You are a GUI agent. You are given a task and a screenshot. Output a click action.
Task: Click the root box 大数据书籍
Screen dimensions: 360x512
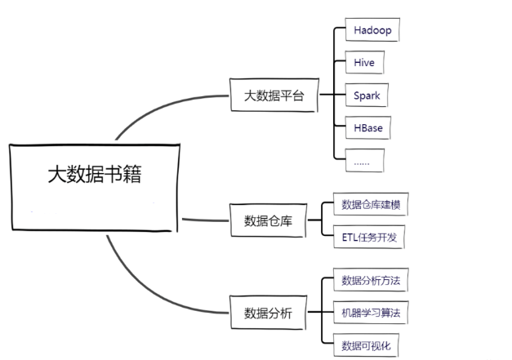(x=93, y=187)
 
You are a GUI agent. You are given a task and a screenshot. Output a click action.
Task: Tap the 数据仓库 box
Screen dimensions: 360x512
(x=268, y=220)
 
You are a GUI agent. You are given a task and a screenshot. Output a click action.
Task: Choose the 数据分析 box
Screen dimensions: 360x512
(x=268, y=313)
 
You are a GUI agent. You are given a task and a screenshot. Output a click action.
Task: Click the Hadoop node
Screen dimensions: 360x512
(x=372, y=30)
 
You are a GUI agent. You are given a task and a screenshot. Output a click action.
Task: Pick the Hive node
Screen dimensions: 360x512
(x=363, y=63)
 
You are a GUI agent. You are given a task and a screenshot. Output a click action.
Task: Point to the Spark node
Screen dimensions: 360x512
(x=367, y=96)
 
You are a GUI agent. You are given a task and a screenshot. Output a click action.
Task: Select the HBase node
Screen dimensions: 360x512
(x=368, y=128)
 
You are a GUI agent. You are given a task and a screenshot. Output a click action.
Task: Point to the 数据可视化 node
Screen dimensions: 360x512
(x=367, y=345)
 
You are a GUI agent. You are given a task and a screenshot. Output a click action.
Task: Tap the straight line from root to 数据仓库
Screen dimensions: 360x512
(x=204, y=220)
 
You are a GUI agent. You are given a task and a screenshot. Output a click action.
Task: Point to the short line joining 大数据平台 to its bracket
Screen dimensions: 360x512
(x=325, y=95)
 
